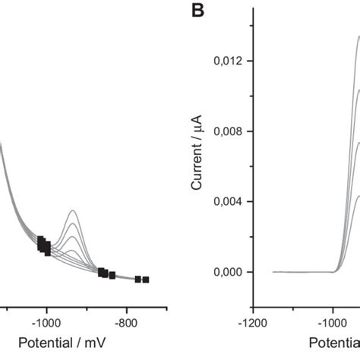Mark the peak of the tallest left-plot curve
pyautogui.click(x=73, y=189)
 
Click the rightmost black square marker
pyautogui.click(x=146, y=279)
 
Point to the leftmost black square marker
pyautogui.click(x=40, y=241)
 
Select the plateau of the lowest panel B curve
pyautogui.click(x=357, y=196)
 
